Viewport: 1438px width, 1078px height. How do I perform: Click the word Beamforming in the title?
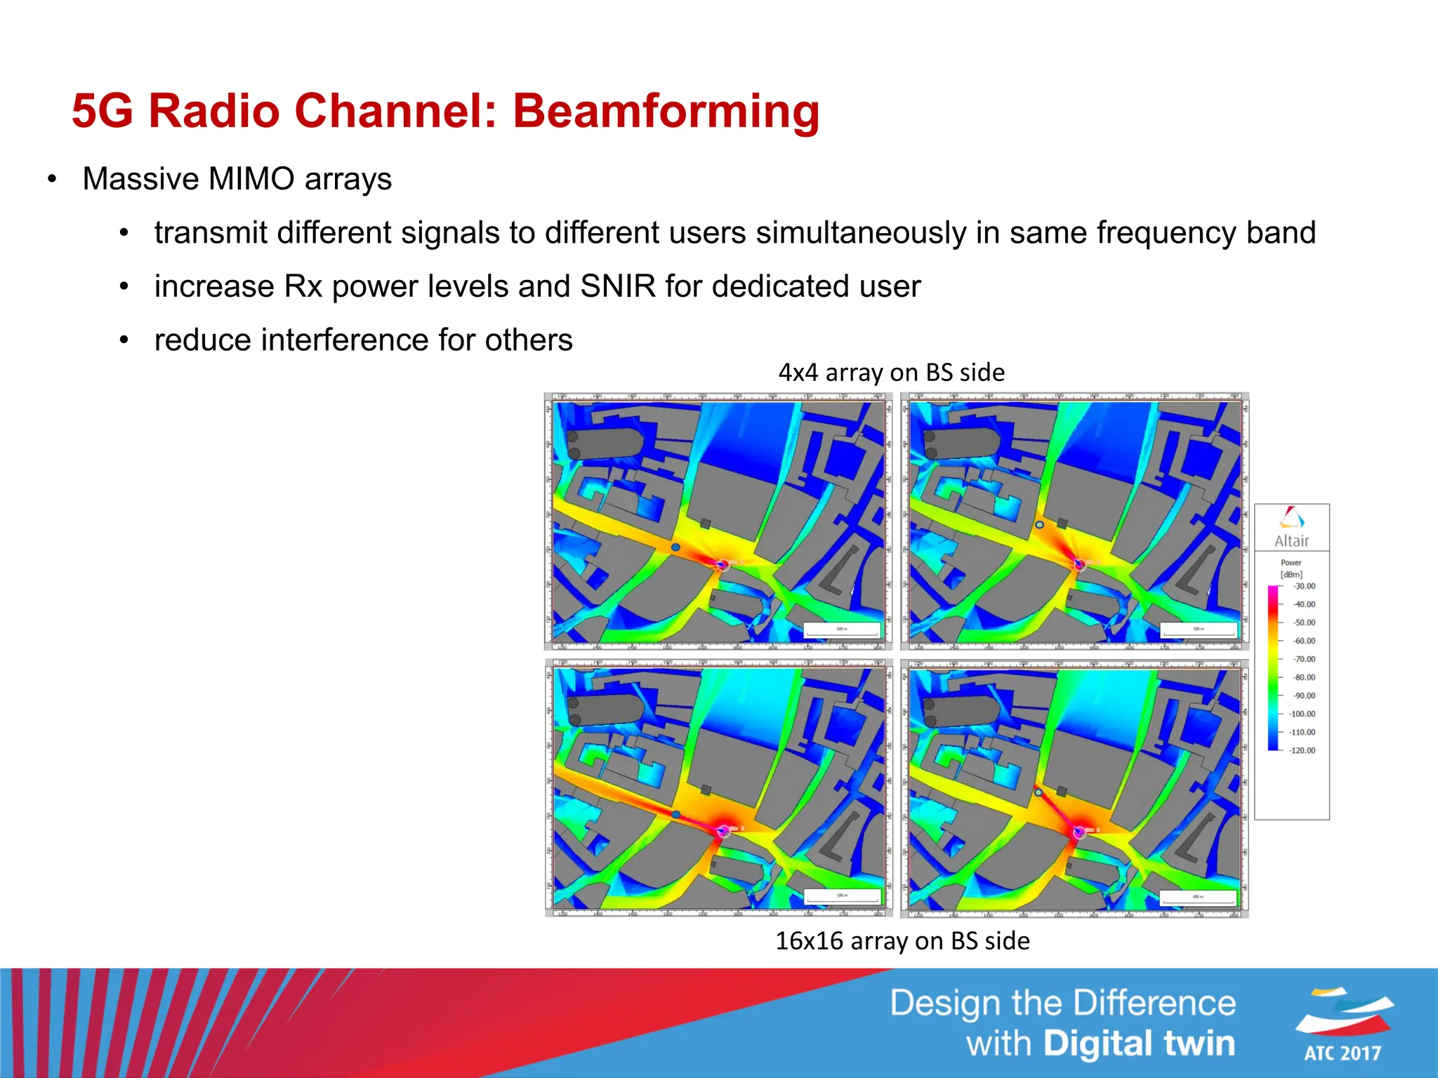click(x=666, y=111)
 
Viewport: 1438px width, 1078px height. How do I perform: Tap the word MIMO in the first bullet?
click(x=251, y=179)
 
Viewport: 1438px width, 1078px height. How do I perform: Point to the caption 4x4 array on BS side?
click(x=891, y=372)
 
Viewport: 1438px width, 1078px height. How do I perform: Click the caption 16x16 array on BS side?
click(x=902, y=940)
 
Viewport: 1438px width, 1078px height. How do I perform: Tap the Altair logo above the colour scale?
click(x=1291, y=526)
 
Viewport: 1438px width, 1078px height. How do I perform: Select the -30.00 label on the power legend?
click(x=1305, y=586)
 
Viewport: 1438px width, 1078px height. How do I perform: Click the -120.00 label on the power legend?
click(x=1302, y=750)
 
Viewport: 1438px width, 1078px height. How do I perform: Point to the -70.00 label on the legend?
click(x=1305, y=659)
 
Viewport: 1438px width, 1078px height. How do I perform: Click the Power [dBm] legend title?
click(x=1291, y=568)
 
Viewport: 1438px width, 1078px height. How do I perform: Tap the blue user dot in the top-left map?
click(x=675, y=547)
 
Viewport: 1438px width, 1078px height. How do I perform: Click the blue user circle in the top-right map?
click(x=1039, y=524)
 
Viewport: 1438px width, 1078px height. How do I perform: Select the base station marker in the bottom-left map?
click(x=723, y=832)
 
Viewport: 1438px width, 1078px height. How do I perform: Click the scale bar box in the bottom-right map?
click(x=1198, y=897)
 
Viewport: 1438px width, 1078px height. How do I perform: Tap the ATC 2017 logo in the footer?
click(x=1343, y=1025)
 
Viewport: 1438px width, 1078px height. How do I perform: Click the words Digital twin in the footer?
click(x=1139, y=1044)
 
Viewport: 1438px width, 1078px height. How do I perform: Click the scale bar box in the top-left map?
click(x=841, y=630)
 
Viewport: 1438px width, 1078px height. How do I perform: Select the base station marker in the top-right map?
click(x=1079, y=564)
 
